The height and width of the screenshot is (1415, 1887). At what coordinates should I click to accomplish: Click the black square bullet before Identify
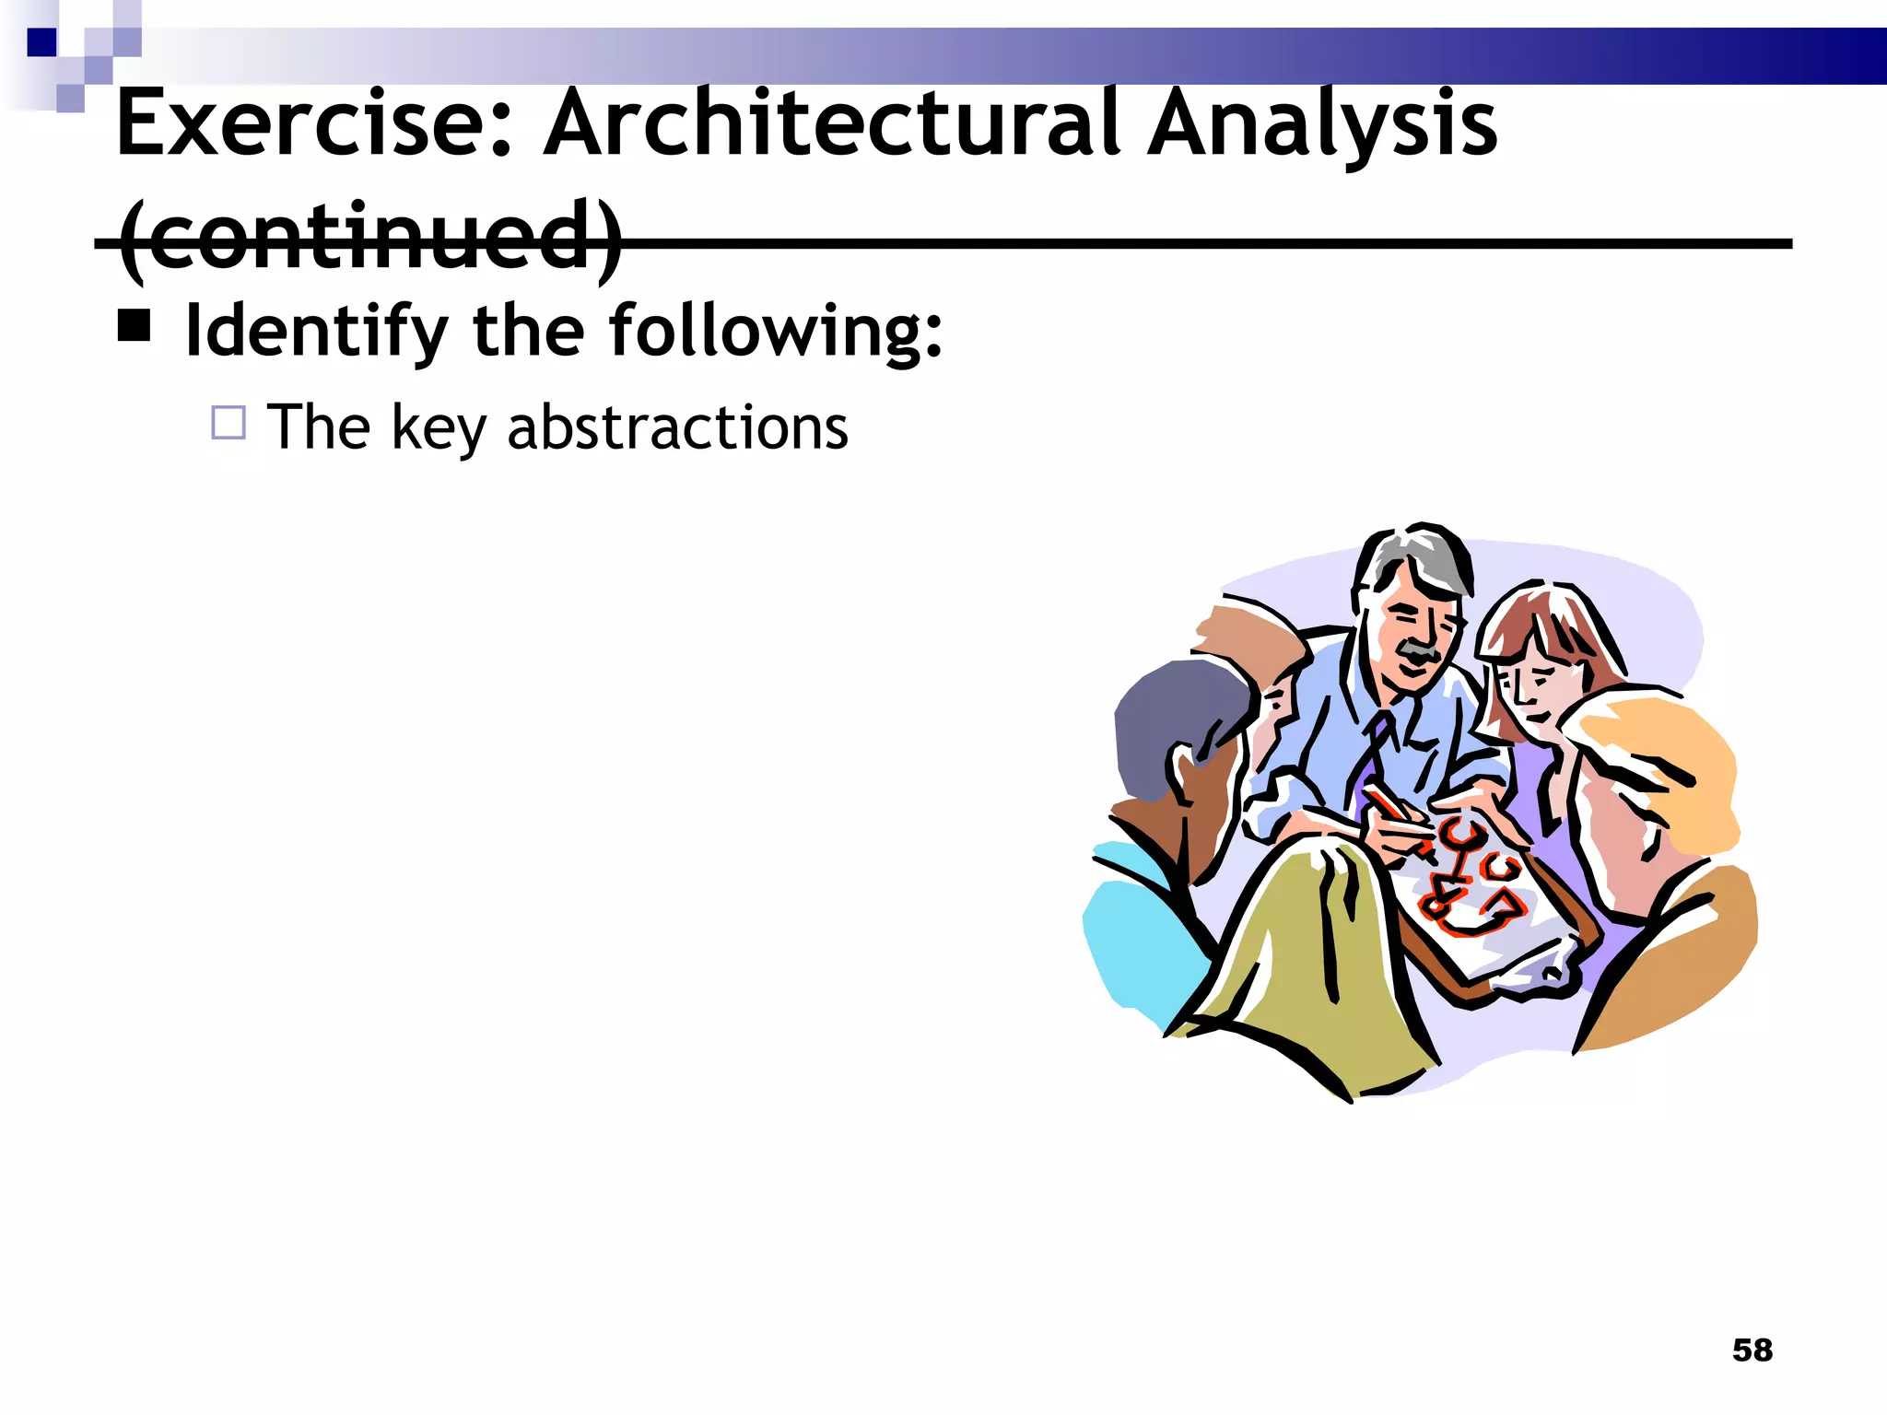coord(135,325)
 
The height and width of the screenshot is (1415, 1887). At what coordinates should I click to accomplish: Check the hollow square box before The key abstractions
coord(228,423)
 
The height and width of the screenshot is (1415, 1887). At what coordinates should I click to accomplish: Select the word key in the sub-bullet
coord(437,429)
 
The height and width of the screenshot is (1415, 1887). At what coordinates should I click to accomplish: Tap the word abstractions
coord(677,427)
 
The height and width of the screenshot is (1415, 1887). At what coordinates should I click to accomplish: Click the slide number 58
coord(1752,1350)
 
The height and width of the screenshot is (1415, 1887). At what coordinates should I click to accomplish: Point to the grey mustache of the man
coord(1419,652)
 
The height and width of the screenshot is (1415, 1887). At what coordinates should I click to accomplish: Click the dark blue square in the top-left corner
coord(41,42)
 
